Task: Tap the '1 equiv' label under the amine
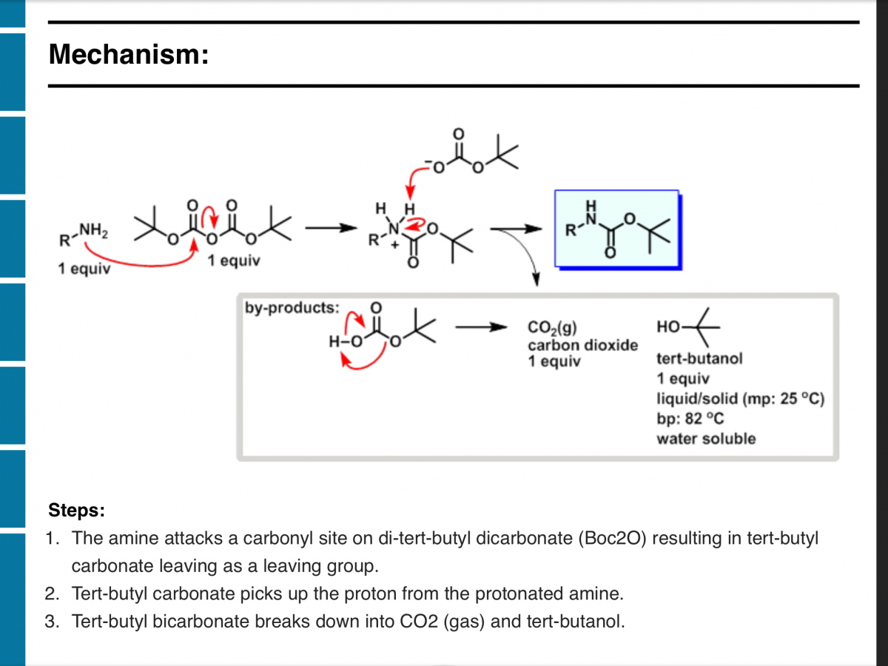[84, 269]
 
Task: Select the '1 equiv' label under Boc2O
[233, 260]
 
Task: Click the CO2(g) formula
[548, 329]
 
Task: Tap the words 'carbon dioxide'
[582, 345]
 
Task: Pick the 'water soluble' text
[706, 438]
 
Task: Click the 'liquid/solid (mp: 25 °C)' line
[740, 399]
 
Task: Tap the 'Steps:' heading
[77, 510]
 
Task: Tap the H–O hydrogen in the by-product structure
[334, 342]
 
